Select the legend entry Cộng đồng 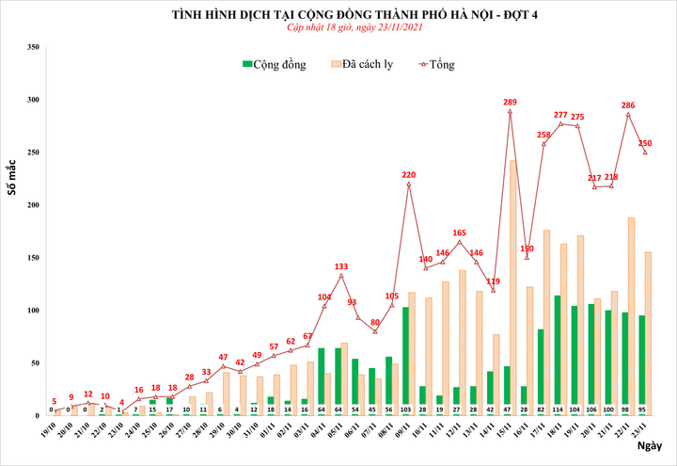pyautogui.click(x=274, y=64)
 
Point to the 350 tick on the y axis pyautogui.click(x=33, y=47)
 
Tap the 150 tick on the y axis pyautogui.click(x=33, y=258)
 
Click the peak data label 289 pyautogui.click(x=510, y=102)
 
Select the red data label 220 pyautogui.click(x=408, y=174)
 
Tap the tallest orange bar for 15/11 pyautogui.click(x=512, y=287)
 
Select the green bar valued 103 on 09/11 pyautogui.click(x=405, y=361)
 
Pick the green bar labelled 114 pyautogui.click(x=558, y=355)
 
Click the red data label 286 pyautogui.click(x=628, y=104)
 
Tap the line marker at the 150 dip pyautogui.click(x=527, y=257)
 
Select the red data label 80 pyautogui.click(x=374, y=322)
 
